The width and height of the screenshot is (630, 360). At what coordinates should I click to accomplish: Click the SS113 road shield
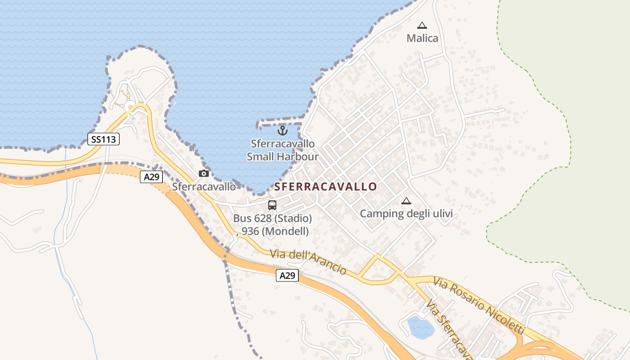click(x=103, y=139)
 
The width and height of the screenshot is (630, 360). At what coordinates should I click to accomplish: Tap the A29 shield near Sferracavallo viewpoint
click(x=151, y=177)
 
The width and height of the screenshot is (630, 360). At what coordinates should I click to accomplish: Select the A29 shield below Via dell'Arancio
click(x=287, y=275)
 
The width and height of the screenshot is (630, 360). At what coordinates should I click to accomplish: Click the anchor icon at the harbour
click(x=282, y=131)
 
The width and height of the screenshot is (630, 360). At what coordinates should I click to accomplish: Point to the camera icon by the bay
click(x=204, y=173)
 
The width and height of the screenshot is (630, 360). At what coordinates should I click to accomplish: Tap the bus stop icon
click(x=272, y=205)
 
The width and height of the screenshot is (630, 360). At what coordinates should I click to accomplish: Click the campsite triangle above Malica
click(x=422, y=26)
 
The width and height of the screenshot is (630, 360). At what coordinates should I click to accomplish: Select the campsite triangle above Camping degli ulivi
click(x=406, y=201)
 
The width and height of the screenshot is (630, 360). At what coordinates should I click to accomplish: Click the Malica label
click(x=422, y=38)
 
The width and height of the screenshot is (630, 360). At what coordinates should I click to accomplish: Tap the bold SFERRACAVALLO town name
click(x=326, y=187)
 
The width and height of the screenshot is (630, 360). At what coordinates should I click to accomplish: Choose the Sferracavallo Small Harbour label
click(x=283, y=150)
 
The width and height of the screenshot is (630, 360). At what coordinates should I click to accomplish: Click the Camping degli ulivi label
click(x=406, y=214)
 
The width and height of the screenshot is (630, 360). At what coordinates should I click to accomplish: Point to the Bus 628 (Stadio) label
click(x=272, y=219)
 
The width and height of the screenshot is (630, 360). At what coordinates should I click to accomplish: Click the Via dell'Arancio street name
click(x=308, y=261)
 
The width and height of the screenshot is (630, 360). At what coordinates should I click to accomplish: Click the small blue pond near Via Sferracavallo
click(x=420, y=327)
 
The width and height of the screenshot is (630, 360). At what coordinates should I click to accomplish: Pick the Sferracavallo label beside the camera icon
click(x=204, y=186)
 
